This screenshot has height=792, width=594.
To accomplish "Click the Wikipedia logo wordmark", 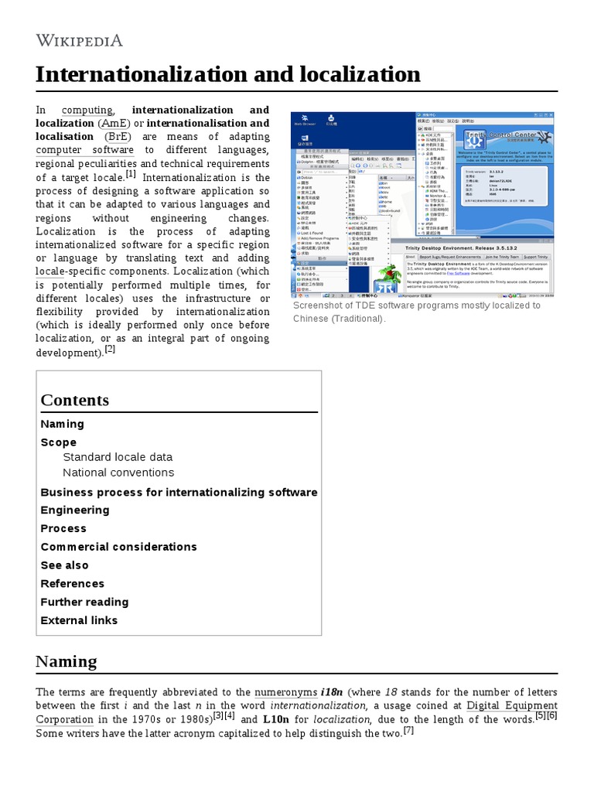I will click(79, 39).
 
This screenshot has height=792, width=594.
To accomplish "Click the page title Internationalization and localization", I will click(228, 74).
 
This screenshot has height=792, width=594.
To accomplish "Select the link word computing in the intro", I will click(87, 110).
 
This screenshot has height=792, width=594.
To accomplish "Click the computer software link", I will click(85, 150).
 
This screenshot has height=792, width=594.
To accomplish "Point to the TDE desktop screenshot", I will click(423, 204).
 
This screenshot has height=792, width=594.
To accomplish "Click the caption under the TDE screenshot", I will click(416, 312).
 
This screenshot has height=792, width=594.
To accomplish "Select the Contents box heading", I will click(75, 400).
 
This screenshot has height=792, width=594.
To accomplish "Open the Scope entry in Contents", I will click(59, 442).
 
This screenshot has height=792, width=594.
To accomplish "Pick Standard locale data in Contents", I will click(118, 457).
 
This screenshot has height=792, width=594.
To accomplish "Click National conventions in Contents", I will click(118, 473).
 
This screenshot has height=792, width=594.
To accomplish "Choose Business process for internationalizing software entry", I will click(179, 492).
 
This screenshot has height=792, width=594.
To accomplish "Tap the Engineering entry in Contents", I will click(75, 510).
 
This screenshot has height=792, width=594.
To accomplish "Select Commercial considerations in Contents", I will click(118, 547).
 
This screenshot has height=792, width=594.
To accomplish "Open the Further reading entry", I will click(84, 602).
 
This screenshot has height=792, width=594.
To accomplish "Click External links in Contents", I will click(79, 620).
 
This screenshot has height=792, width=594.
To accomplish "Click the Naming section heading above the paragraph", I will click(67, 661).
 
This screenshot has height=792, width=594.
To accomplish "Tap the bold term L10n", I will click(276, 719).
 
